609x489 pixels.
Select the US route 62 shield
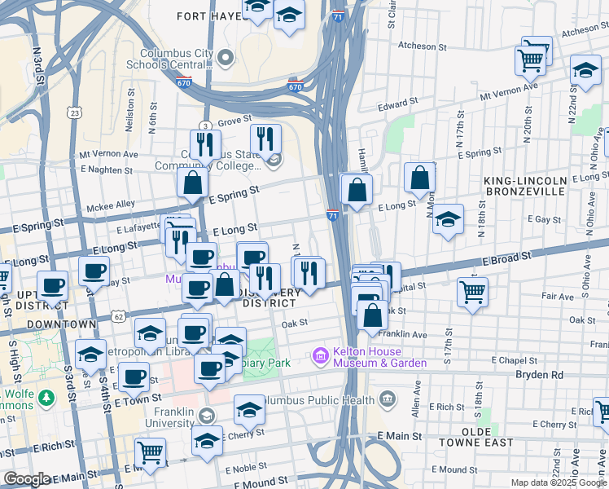pyautogui.click(x=119, y=315)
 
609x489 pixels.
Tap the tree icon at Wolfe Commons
pyautogui.click(x=47, y=399)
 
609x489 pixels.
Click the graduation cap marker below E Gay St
pyautogui.click(x=448, y=221)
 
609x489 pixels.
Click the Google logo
pyautogui.click(x=27, y=479)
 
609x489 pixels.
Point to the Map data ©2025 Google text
pyautogui.click(x=558, y=482)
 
